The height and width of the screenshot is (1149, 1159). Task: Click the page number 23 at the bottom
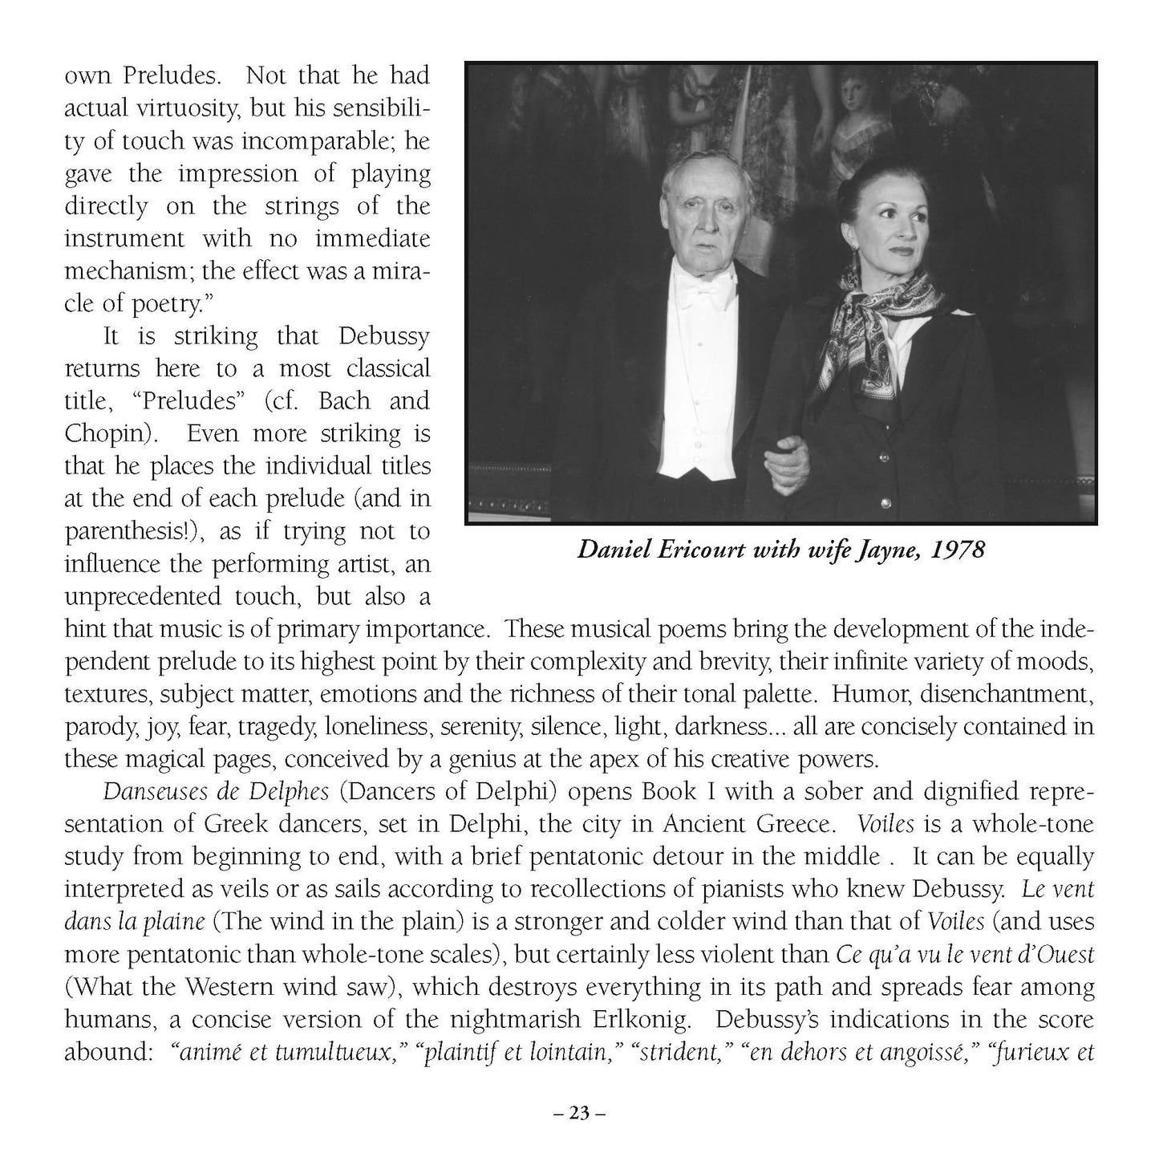pos(579,1113)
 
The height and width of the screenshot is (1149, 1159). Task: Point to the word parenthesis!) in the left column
pos(135,532)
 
